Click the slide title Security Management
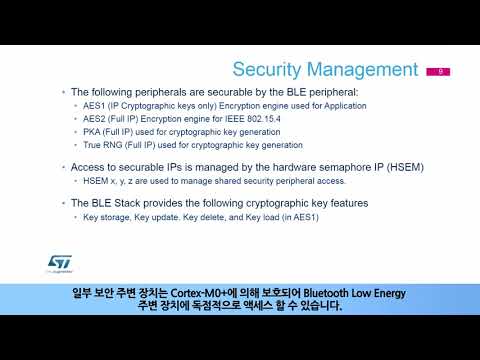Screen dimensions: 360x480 (324, 69)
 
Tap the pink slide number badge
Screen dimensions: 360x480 (437, 72)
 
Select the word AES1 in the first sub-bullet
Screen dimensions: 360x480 (95, 105)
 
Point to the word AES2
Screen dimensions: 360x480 (95, 118)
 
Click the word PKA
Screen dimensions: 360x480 (94, 131)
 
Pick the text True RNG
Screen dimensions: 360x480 (104, 144)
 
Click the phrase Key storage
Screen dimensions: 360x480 (108, 216)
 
